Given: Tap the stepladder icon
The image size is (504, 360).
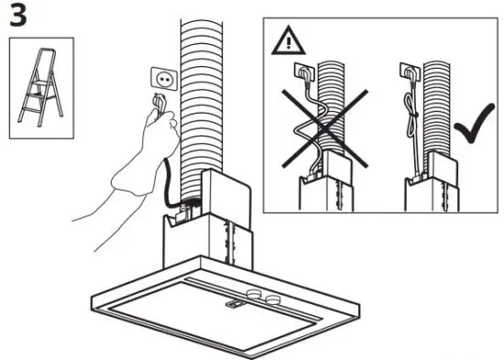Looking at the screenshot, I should [38, 91].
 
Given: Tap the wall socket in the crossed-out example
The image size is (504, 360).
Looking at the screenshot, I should [300, 70].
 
